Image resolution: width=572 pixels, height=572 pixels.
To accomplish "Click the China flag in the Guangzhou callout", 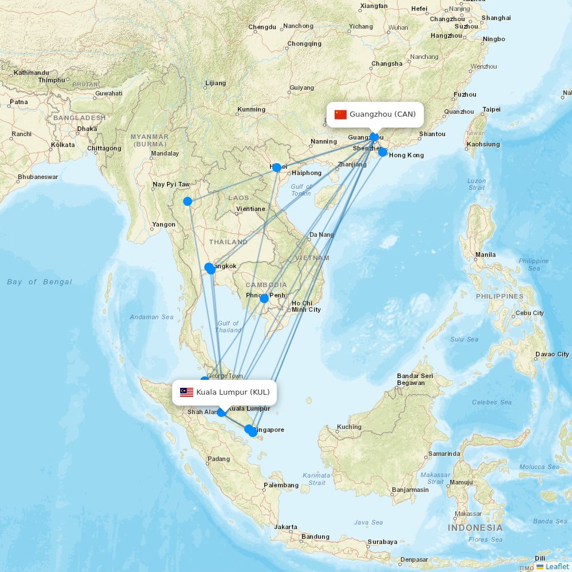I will tap(341, 114).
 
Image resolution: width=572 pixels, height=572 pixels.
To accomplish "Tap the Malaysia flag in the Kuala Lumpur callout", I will tap(186, 392).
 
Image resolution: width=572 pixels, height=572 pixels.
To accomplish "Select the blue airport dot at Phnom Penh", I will tap(264, 299).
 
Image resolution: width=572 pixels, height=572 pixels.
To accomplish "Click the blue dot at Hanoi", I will tap(277, 168).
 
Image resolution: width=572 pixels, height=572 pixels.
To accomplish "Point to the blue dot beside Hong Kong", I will tap(383, 152).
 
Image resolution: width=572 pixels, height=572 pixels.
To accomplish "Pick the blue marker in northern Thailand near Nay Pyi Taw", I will tap(187, 201).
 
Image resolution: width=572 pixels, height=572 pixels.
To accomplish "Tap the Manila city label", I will tap(485, 255).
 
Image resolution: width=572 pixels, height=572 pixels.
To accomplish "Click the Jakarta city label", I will tap(285, 527).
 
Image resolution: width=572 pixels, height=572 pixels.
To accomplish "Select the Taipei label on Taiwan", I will tap(491, 109).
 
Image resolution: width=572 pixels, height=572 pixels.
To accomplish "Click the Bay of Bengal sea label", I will tap(39, 282).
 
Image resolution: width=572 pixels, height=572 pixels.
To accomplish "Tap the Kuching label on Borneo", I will tap(349, 427).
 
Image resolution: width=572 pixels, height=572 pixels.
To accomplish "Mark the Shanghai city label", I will tap(496, 18).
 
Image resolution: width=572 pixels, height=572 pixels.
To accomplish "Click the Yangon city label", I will tap(164, 225).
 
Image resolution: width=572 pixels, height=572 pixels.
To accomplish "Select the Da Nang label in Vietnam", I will tap(321, 235).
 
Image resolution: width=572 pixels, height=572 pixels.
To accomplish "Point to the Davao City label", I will tap(552, 354).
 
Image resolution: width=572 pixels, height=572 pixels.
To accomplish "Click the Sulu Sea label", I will tap(464, 339).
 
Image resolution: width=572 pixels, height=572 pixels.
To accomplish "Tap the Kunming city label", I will tap(251, 109).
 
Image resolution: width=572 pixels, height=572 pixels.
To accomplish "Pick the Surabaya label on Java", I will tap(383, 542).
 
